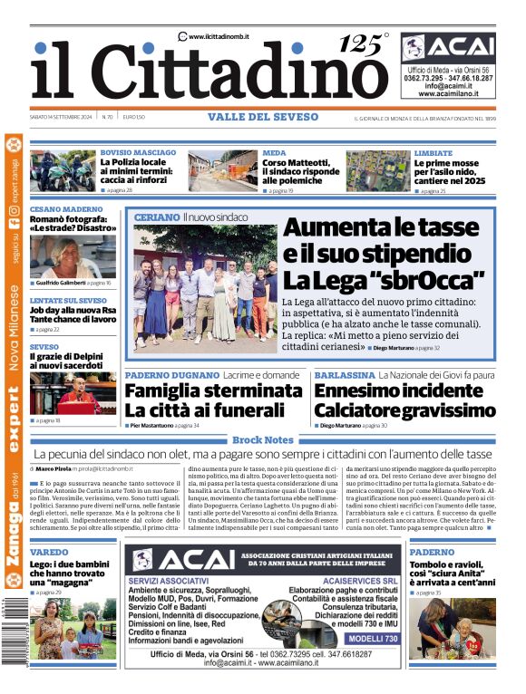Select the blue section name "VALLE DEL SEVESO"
point(263,117)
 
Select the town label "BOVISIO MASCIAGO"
point(138,153)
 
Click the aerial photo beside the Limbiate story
point(377,171)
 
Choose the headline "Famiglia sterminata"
point(213,391)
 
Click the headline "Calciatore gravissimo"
point(405,411)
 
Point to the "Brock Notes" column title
point(263,439)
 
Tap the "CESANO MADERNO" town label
point(66,209)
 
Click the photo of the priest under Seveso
point(73,393)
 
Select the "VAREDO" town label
point(49,552)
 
